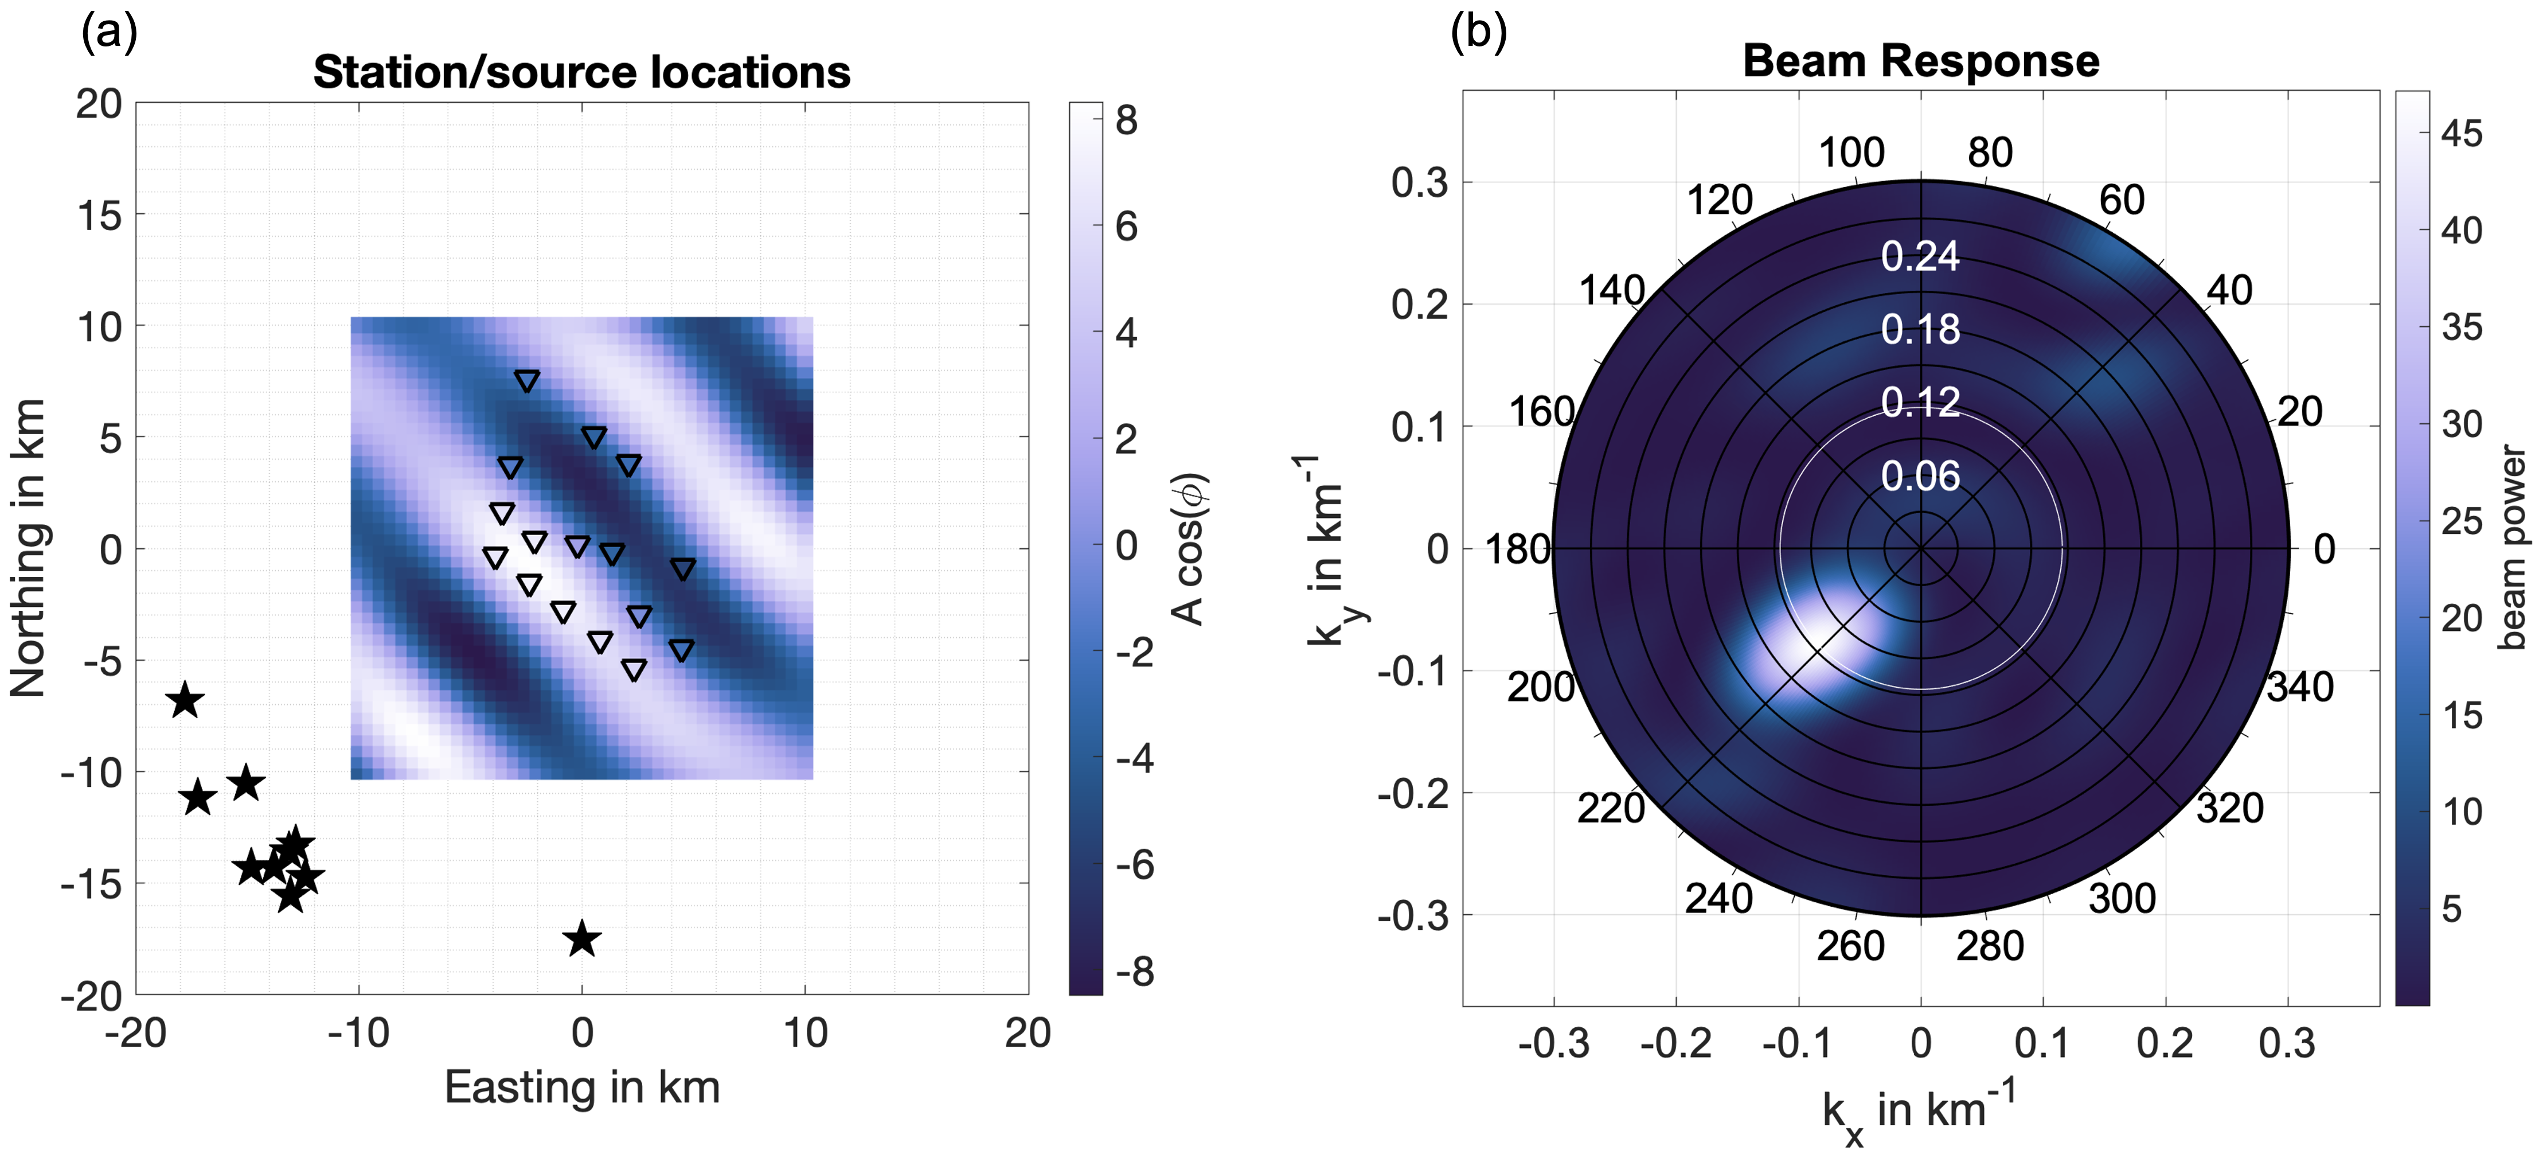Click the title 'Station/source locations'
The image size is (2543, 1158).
pos(581,72)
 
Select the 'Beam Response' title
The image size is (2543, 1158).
pos(1920,61)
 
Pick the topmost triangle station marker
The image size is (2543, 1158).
pos(527,381)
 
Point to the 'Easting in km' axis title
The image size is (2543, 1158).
pos(581,1087)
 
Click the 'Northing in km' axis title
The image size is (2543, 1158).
pos(28,548)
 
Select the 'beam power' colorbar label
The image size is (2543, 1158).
pos(2513,548)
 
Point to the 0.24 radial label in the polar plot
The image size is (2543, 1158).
pos(1920,257)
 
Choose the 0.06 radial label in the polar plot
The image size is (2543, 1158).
pos(1920,477)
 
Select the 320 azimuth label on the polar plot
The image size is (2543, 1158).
pos(2230,808)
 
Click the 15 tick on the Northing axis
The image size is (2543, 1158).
pos(100,215)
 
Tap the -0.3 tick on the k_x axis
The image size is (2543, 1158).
pos(1554,1043)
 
